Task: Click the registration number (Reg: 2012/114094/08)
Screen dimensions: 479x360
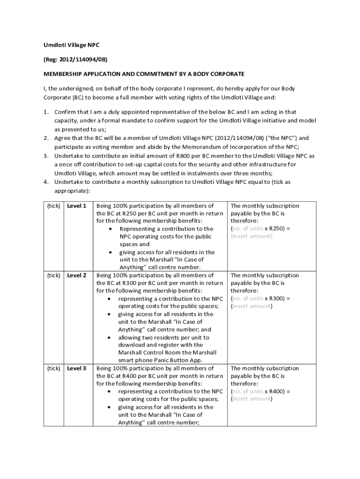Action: [72, 59]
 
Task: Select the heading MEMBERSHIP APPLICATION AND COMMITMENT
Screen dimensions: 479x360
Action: [144, 74]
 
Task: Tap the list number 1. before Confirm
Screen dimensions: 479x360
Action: [46, 112]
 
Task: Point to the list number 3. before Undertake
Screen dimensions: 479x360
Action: [46, 156]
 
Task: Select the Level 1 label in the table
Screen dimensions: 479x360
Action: [77, 206]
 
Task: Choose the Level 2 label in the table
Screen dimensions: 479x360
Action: [77, 276]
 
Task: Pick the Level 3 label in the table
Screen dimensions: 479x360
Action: [77, 369]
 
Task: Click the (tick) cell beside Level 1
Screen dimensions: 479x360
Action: [53, 206]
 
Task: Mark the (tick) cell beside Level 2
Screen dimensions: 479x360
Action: [53, 276]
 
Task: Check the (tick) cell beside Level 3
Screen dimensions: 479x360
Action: [53, 369]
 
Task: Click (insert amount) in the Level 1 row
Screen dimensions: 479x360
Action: [252, 236]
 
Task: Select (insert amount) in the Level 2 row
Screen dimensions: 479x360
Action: [252, 306]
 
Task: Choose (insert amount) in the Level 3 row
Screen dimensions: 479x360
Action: [252, 399]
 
